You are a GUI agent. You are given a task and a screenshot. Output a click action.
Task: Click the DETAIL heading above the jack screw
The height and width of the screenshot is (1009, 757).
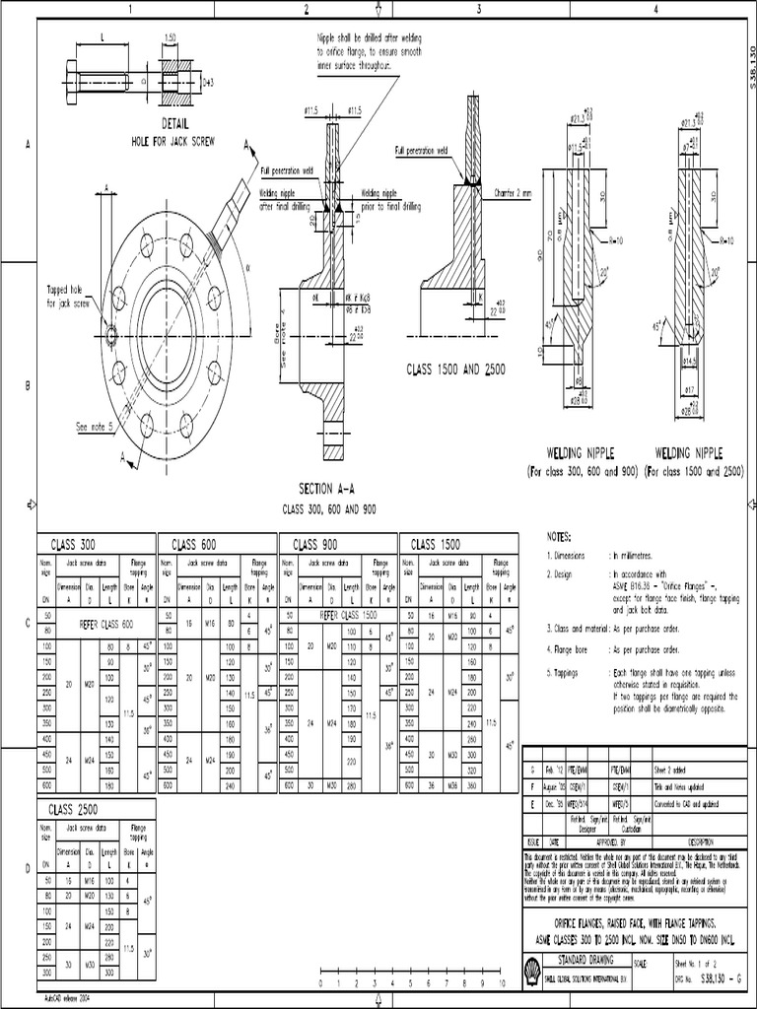(174, 126)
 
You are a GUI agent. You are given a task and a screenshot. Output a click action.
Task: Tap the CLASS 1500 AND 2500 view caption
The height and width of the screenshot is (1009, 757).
(455, 369)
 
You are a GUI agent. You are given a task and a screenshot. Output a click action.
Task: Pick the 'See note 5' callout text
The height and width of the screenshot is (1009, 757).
(96, 427)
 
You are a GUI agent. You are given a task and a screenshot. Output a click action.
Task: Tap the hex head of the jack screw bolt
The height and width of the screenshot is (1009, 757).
(73, 75)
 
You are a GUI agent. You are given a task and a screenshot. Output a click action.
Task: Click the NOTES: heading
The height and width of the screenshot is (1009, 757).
(559, 538)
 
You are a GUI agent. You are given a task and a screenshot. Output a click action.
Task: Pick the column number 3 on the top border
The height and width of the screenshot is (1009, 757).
(479, 9)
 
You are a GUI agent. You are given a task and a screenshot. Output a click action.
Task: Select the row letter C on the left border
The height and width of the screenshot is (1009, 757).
(28, 624)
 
